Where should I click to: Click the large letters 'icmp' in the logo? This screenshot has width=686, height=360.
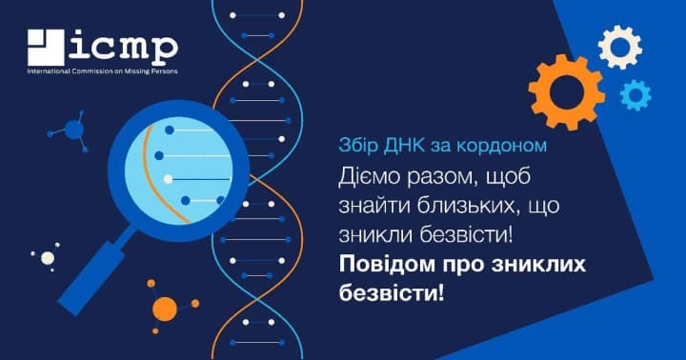click(x=122, y=47)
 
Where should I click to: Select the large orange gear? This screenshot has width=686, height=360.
click(x=566, y=92)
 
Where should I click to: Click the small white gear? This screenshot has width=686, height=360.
click(x=619, y=47)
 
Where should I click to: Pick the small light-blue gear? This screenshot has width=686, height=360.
click(x=635, y=94)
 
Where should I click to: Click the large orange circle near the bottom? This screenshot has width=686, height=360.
click(x=165, y=309)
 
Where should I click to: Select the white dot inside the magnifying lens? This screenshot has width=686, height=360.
click(x=169, y=178)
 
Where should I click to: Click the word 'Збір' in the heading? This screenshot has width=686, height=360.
click(x=356, y=147)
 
